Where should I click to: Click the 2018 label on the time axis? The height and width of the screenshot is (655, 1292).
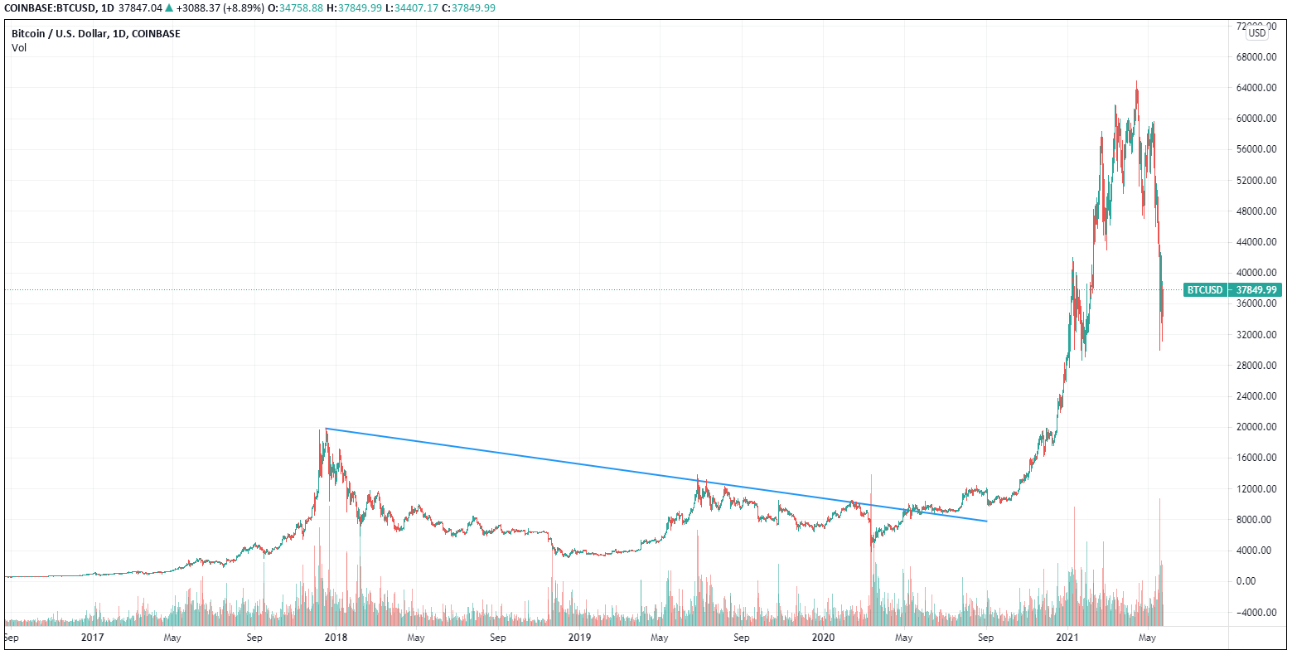coord(336,638)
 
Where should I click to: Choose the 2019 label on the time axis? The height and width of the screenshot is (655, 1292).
coord(579,638)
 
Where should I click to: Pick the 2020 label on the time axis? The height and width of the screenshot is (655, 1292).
coord(823,638)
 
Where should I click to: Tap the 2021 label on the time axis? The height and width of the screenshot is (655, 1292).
coord(1067,638)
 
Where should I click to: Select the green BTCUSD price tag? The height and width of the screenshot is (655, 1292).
coord(1204,290)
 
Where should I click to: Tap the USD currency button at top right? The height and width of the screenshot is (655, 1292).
coord(1257,33)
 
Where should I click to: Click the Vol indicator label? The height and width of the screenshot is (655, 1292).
coord(19,48)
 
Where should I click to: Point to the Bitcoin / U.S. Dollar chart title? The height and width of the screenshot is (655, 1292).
coord(96,34)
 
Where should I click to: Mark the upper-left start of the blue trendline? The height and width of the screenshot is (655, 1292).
coord(327,429)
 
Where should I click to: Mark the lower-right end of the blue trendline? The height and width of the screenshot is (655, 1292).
coord(986,521)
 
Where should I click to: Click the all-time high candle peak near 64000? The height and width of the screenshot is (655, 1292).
coord(1136,82)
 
